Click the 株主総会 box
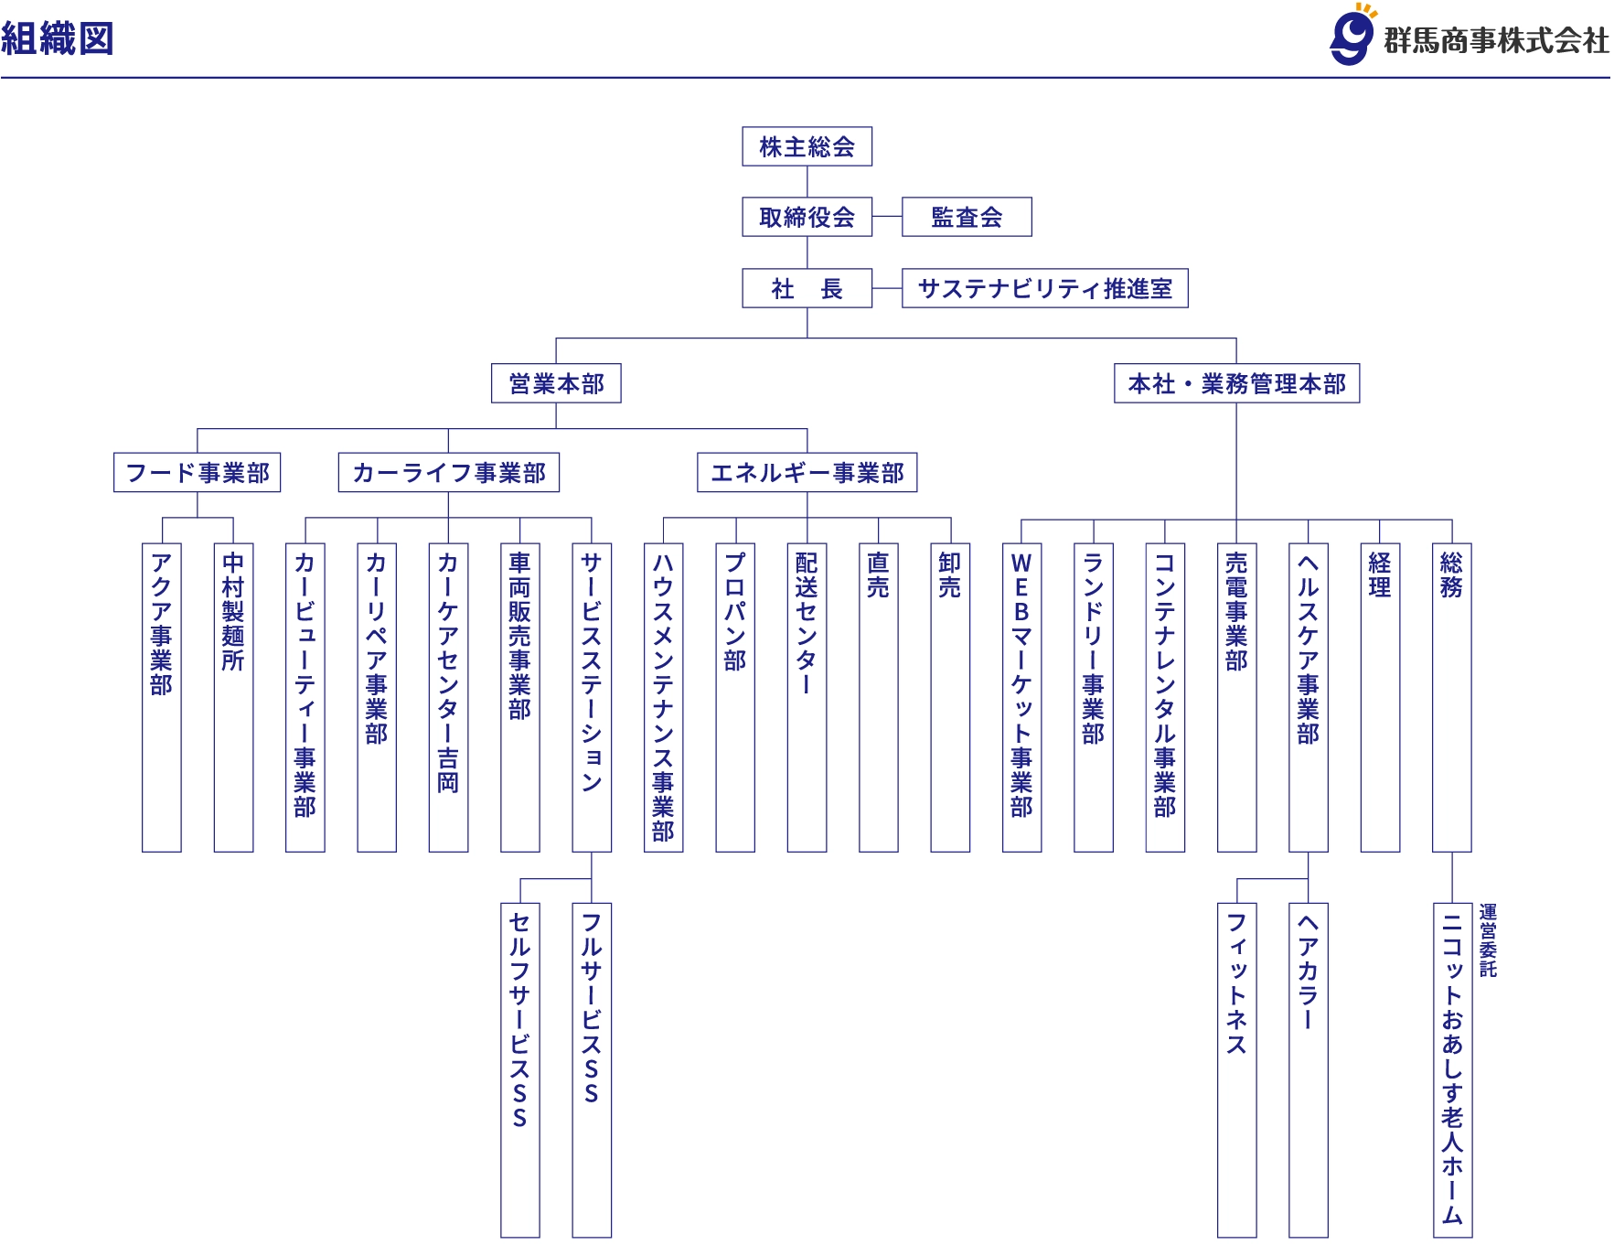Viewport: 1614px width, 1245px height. tap(807, 146)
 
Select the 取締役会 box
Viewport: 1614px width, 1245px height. tap(807, 217)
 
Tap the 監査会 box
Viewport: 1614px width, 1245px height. tap(967, 217)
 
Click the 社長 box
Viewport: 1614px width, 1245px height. tap(807, 288)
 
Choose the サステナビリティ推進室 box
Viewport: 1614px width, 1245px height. tap(1044, 288)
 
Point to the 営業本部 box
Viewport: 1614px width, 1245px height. tap(556, 383)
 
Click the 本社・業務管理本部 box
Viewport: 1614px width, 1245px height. tap(1236, 383)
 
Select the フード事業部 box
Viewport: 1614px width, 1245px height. tap(198, 472)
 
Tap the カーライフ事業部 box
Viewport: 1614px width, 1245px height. tap(448, 472)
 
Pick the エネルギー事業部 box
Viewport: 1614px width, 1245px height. tap(807, 472)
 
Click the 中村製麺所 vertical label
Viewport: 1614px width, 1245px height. tap(233, 611)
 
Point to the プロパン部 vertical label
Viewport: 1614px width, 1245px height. tap(735, 611)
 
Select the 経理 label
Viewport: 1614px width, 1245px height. tap(1380, 574)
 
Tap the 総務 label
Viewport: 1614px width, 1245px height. tap(1451, 574)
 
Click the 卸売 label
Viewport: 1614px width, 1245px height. tap(950, 574)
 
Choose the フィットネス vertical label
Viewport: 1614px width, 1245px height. tap(1236, 983)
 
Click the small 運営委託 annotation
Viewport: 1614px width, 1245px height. tap(1488, 940)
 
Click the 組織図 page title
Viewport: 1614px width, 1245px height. tap(57, 38)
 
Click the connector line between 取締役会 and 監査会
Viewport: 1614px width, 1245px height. tap(887, 217)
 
